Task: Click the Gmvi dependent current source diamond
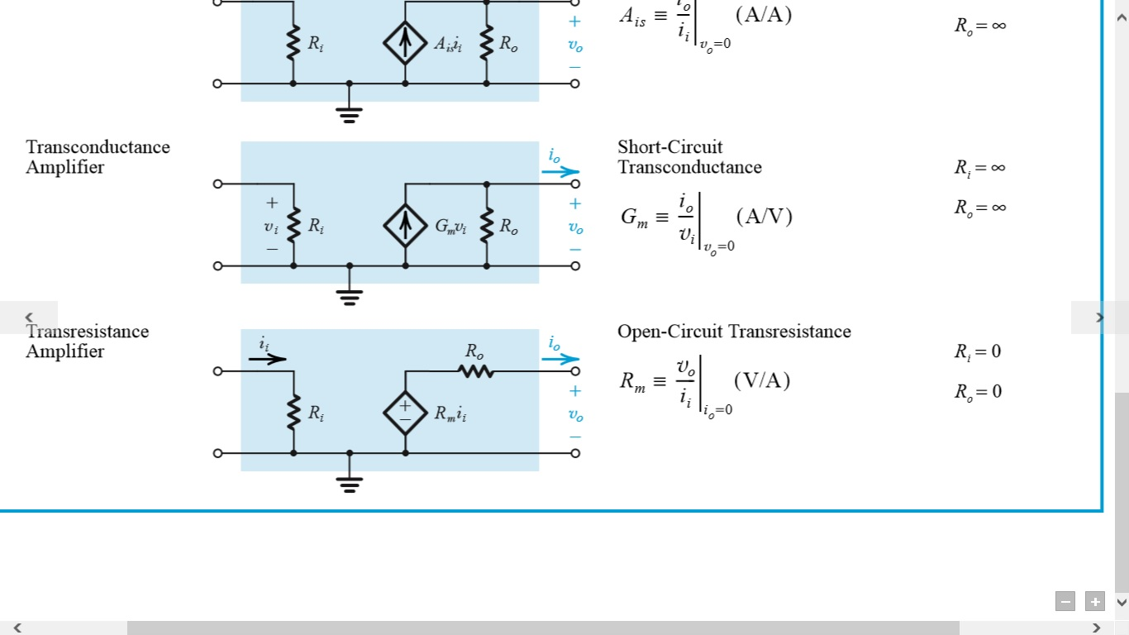405,226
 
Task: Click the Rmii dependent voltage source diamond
405,413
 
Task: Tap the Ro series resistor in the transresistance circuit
476,371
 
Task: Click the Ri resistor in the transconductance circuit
293,226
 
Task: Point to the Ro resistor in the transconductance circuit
486,226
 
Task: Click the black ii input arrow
268,359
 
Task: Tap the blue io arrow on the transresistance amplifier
561,359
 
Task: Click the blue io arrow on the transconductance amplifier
561,172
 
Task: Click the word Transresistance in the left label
88,332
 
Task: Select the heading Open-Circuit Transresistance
734,332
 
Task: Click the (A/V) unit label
764,217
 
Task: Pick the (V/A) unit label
762,380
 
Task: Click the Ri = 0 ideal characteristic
978,351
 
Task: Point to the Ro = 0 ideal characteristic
978,391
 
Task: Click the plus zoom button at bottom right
1094,602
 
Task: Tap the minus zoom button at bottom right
1065,602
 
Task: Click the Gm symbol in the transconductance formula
634,217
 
